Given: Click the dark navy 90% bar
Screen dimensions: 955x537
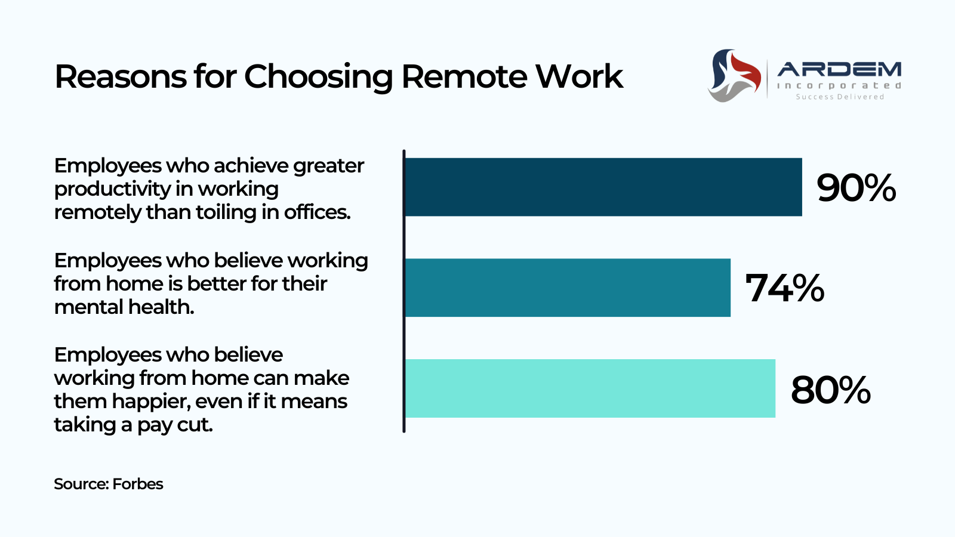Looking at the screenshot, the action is coord(603,187).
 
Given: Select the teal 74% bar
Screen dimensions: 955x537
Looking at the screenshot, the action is coord(568,288).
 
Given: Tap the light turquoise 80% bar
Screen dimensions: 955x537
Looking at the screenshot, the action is coord(590,388).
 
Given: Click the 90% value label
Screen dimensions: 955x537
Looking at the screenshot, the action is coord(856,187).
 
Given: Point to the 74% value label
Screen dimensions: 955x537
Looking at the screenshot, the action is coord(784,288).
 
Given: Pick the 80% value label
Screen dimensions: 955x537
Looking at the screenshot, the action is coord(830,390).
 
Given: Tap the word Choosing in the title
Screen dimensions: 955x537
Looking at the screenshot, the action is coord(318,78).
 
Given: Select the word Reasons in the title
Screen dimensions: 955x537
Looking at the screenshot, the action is coord(121,77).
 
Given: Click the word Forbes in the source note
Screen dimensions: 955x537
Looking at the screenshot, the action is coord(138,484).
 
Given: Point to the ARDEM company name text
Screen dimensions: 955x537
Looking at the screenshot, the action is coord(839,69).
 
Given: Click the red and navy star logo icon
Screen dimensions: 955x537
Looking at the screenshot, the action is coord(734,75).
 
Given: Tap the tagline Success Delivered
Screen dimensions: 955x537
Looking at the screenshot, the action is coord(840,97).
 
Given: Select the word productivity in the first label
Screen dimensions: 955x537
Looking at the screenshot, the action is coord(112,189).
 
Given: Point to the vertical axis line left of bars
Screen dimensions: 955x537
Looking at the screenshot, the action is coord(403,292).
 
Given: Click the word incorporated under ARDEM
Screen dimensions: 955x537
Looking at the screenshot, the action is coord(839,86).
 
